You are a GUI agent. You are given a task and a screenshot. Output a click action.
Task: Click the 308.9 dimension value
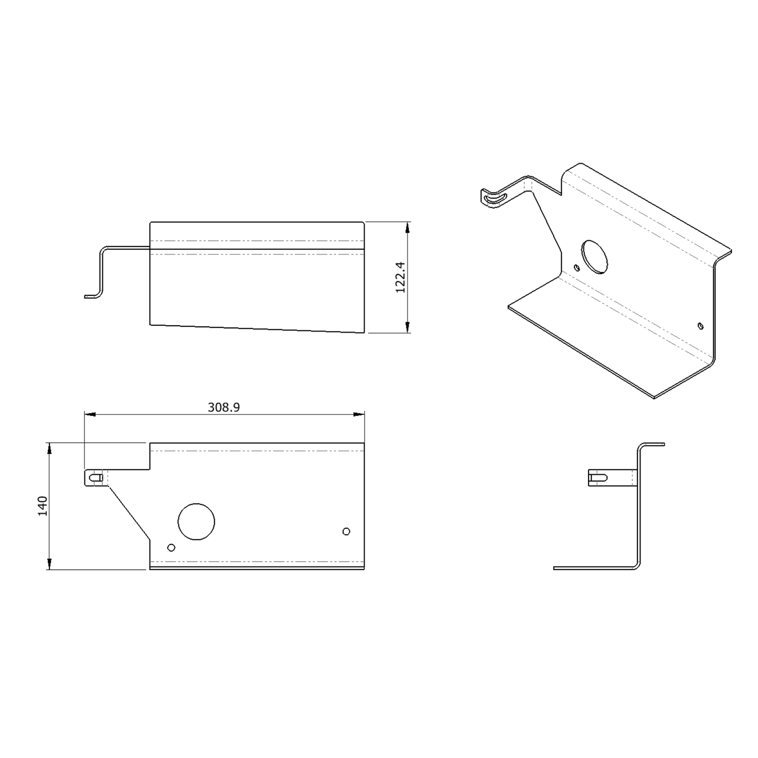(224, 407)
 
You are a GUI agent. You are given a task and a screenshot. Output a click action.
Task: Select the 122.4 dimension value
(400, 277)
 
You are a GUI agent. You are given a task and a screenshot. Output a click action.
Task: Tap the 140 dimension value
(42, 506)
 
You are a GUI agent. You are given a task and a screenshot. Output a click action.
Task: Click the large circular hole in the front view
(196, 521)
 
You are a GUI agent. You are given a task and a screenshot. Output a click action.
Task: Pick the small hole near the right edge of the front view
(346, 531)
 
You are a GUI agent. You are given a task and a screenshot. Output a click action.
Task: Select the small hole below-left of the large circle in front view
(171, 548)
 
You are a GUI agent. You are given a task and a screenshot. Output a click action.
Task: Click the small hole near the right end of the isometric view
(700, 326)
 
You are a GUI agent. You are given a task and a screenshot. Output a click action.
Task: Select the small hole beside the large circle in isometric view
(577, 268)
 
